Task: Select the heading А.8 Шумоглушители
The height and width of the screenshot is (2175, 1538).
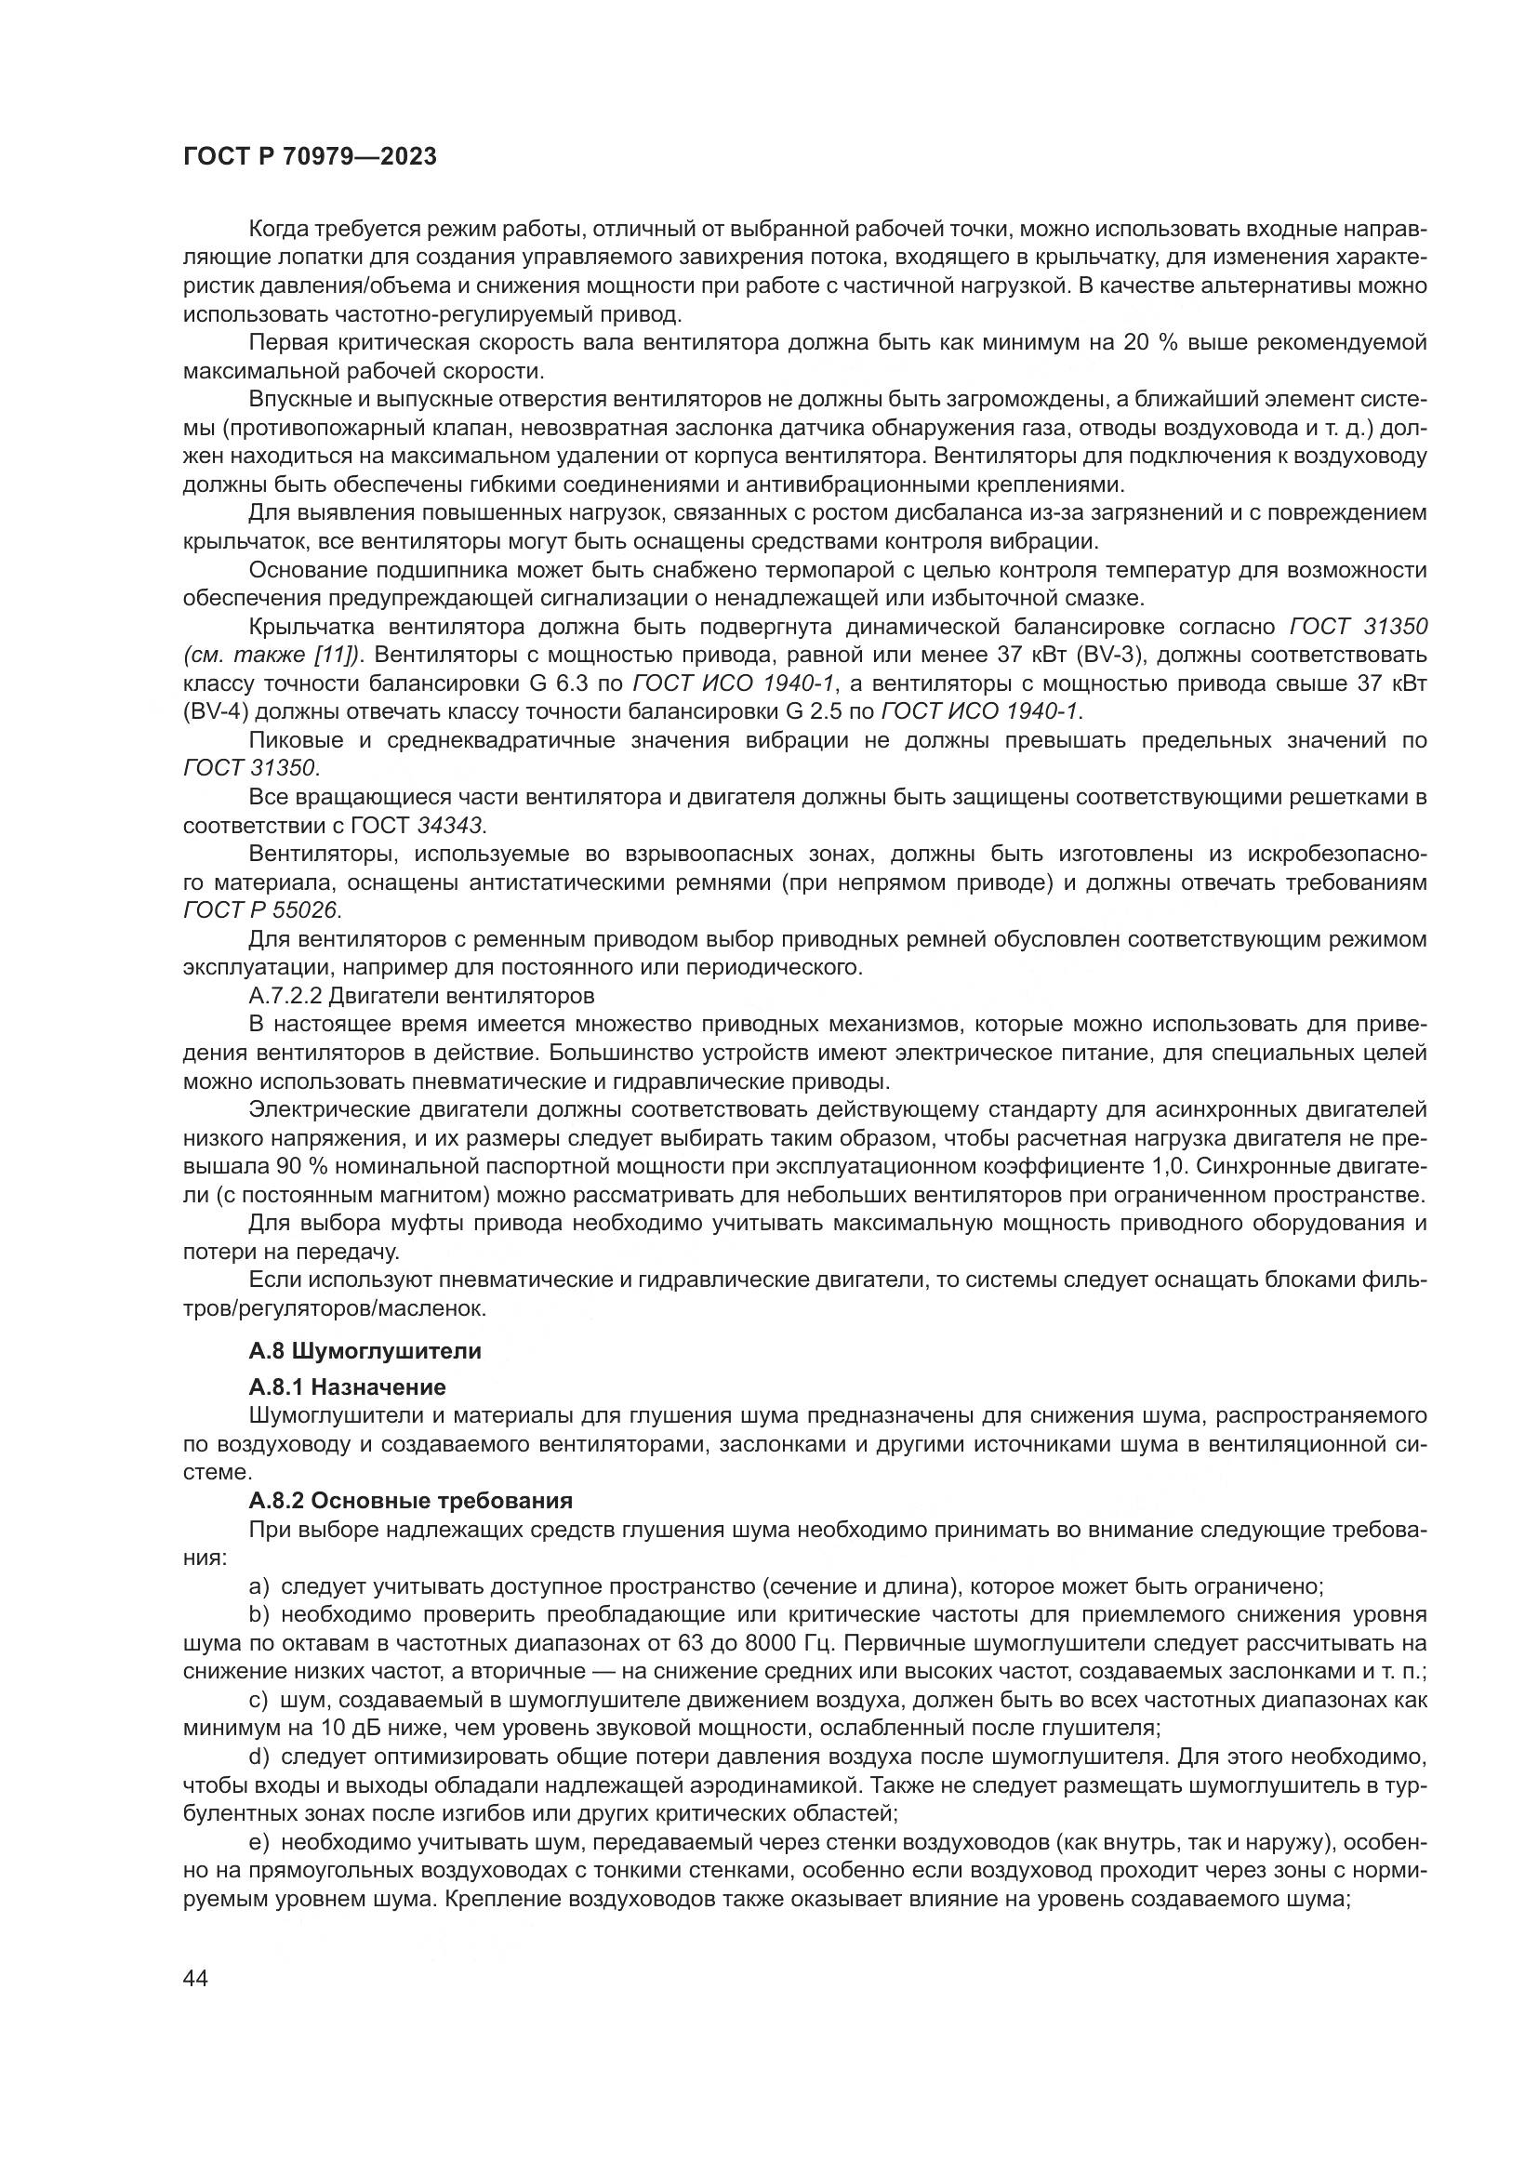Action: tap(365, 1351)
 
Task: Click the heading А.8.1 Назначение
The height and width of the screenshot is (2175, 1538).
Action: tap(347, 1386)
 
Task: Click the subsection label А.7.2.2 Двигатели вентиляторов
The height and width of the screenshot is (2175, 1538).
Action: tap(421, 996)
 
